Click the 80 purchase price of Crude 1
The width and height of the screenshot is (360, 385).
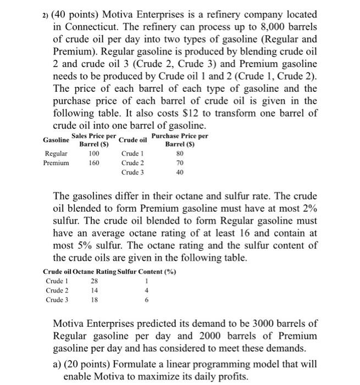[180, 153]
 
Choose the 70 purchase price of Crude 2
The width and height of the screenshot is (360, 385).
[180, 163]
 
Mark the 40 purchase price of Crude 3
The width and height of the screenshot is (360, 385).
[180, 172]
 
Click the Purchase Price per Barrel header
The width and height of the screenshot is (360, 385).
[180, 140]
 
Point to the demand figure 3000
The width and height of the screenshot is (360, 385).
[241, 322]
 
